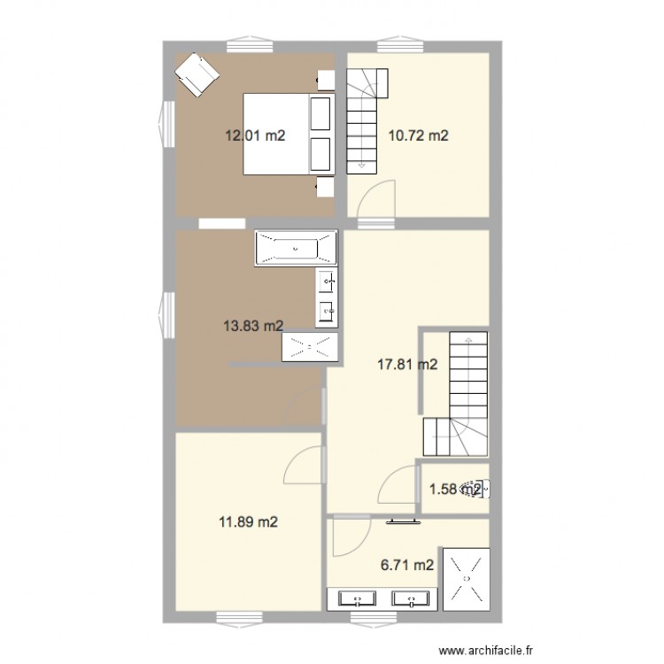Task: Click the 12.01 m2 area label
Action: (255, 135)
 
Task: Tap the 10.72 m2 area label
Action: (419, 135)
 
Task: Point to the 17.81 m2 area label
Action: (408, 363)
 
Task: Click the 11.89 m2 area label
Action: (249, 522)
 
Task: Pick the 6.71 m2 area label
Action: (407, 565)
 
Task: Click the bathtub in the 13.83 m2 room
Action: (296, 249)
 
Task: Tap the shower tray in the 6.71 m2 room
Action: (466, 578)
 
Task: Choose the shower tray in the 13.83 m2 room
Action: (310, 347)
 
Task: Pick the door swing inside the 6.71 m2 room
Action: (354, 535)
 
